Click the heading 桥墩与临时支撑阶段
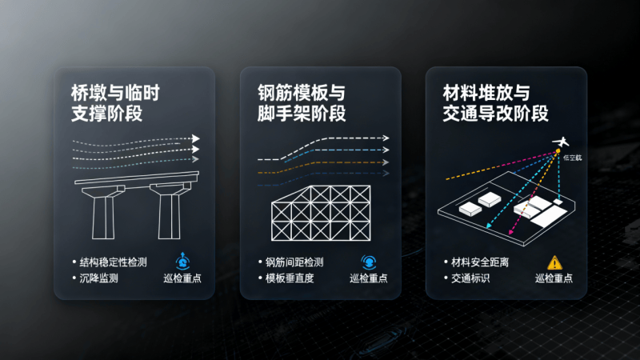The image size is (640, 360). click(115, 103)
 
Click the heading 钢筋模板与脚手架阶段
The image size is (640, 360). click(302, 103)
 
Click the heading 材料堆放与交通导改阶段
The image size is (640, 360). click(495, 103)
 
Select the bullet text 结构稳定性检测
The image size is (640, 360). click(113, 262)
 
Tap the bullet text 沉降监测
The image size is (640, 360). click(98, 278)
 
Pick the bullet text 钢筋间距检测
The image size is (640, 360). click(294, 262)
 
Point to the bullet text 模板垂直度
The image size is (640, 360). click(290, 278)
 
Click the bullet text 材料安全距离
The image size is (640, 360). click(480, 262)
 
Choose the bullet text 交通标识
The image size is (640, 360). click(470, 278)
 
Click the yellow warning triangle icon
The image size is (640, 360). click(554, 262)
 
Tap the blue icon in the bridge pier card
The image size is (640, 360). click(182, 262)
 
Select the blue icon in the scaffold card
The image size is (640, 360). click(369, 262)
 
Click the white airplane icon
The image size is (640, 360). click(562, 142)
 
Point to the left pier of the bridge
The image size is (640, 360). click(103, 213)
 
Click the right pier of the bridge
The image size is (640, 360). click(170, 211)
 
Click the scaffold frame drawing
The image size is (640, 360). click(321, 213)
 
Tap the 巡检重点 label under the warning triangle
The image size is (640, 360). click(554, 278)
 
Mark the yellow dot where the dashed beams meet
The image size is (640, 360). click(558, 151)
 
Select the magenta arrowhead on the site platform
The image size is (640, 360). click(510, 232)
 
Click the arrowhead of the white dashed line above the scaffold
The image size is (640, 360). click(386, 138)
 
